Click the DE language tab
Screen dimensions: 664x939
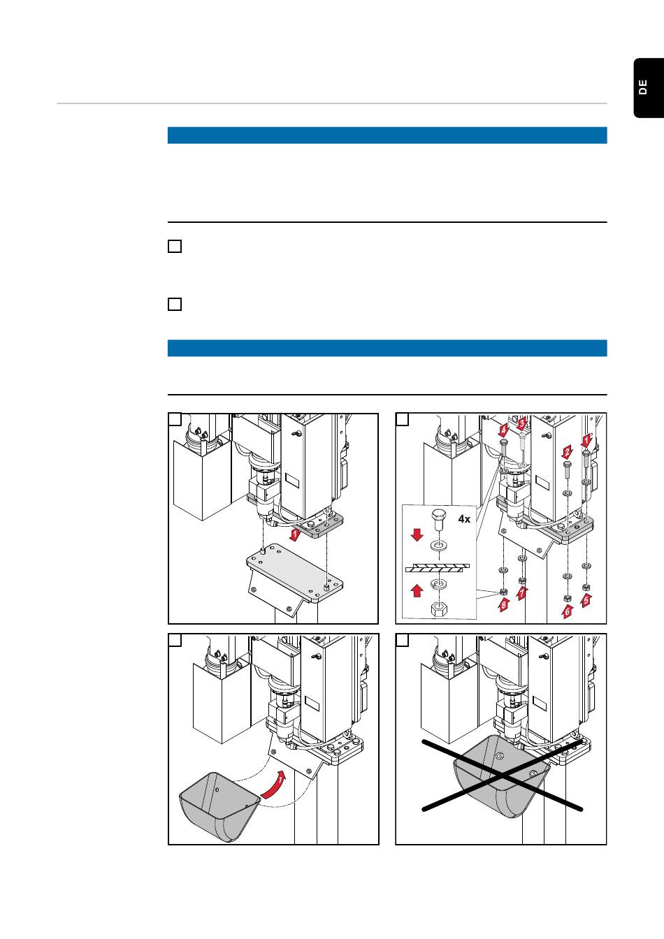(649, 87)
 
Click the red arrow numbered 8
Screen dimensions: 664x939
(504, 604)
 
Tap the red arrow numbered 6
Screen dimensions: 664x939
(567, 611)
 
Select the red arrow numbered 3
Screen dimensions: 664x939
(522, 424)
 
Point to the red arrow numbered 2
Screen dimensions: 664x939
(567, 452)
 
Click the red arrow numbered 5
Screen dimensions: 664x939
(586, 599)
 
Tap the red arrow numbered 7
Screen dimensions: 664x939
(522, 592)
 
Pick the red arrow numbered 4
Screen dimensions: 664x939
(503, 430)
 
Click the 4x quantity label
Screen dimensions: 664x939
(464, 519)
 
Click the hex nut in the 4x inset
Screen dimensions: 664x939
(439, 609)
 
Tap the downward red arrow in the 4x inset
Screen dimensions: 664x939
(417, 535)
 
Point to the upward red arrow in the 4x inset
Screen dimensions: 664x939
(417, 591)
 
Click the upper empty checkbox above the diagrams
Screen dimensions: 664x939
(175, 246)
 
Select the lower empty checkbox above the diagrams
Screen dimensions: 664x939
(175, 304)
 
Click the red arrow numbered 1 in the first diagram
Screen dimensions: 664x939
(295, 534)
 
